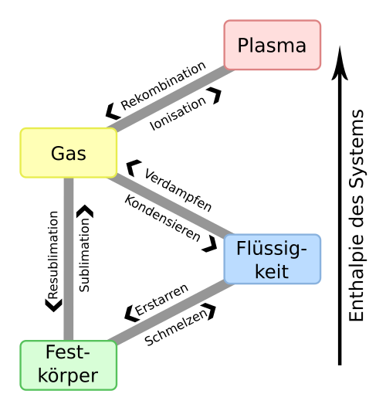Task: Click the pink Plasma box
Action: tap(273, 45)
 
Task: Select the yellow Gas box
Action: tap(69, 153)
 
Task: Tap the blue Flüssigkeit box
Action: tap(273, 259)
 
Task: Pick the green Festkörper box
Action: tap(69, 365)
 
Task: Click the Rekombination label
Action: tap(163, 86)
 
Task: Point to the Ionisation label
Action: tap(178, 114)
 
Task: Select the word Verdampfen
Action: tap(178, 190)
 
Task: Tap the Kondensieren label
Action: tap(163, 218)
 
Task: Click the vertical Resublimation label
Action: tap(53, 255)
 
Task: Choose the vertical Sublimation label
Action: tap(84, 255)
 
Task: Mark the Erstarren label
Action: tap(161, 299)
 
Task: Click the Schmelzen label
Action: tap(176, 328)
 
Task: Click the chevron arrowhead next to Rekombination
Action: tap(112, 111)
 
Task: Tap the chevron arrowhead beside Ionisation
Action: tap(215, 95)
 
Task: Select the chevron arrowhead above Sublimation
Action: tap(85, 211)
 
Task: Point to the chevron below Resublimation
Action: tap(54, 306)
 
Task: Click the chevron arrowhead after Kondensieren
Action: tap(210, 244)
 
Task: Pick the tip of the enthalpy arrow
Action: tap(340, 46)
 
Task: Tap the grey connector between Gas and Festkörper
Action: tap(69, 259)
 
